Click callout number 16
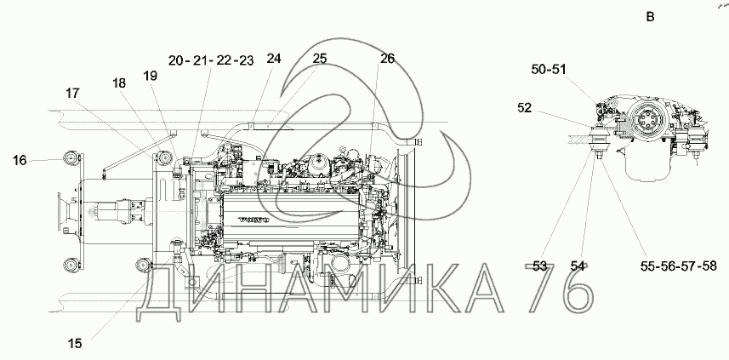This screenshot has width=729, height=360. (x=20, y=161)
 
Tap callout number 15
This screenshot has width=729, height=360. (x=75, y=344)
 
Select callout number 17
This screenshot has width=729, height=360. (x=72, y=94)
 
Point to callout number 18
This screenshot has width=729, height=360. (x=119, y=83)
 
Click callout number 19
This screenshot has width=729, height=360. (x=151, y=76)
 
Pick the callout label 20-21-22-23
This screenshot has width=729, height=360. (x=211, y=60)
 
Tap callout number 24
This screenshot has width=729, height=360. (x=274, y=59)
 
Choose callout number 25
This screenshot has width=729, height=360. (x=319, y=59)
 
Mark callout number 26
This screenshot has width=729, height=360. (x=387, y=59)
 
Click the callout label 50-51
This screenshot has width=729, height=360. (x=549, y=69)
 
